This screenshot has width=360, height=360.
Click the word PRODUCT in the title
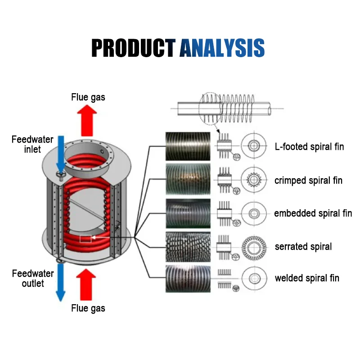pos(133,48)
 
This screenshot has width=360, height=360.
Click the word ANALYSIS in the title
pos(222,48)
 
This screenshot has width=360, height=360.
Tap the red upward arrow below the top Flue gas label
pos(88,120)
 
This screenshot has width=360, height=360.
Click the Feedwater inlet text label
pos(32,144)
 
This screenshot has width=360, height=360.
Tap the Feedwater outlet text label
pos(33,278)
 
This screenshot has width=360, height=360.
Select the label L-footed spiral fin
pos(309,147)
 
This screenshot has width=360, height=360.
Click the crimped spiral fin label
pos(308,180)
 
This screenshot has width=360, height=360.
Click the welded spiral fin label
pos(307,279)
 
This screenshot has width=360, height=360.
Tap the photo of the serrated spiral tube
pos(188,246)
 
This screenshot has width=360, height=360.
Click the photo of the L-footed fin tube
pos(188,146)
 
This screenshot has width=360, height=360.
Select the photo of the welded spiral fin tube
pos(188,279)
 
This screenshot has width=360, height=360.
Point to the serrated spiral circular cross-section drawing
pos(254,247)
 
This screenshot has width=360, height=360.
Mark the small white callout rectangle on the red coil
pos(85,239)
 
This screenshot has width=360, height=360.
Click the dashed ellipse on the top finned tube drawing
pos(210,108)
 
